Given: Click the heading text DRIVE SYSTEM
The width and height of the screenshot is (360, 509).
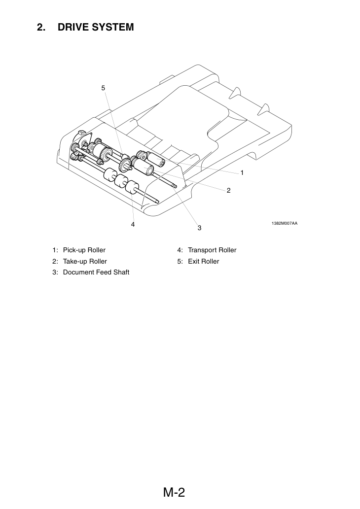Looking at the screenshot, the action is pyautogui.click(x=96, y=27).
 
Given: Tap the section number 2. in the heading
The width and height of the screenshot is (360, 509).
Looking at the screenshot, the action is pyautogui.click(x=41, y=27).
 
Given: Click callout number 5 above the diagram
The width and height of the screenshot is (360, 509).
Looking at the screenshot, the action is pyautogui.click(x=103, y=88).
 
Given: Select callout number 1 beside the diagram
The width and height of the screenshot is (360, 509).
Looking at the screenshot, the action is pyautogui.click(x=242, y=172).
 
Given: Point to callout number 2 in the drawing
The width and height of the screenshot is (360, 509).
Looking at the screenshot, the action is pyautogui.click(x=228, y=191).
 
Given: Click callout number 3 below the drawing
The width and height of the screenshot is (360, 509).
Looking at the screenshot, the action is pyautogui.click(x=199, y=228).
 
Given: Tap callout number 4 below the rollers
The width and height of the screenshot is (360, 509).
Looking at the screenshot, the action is pyautogui.click(x=133, y=224).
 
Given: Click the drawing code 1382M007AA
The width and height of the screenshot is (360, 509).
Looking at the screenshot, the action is pyautogui.click(x=284, y=223).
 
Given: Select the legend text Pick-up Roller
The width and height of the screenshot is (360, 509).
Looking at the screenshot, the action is pyautogui.click(x=84, y=250).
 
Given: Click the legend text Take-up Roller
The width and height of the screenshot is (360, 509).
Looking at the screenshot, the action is pyautogui.click(x=85, y=261).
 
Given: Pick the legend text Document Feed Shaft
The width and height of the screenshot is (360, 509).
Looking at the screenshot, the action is pyautogui.click(x=96, y=272).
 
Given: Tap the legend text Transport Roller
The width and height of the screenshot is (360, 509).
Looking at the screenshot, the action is pyautogui.click(x=212, y=250).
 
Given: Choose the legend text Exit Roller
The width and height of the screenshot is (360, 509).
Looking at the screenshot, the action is pyautogui.click(x=203, y=261).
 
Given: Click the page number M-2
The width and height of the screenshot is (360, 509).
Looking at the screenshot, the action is pyautogui.click(x=174, y=492).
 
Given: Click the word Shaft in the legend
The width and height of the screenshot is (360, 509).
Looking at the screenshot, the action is pyautogui.click(x=121, y=272).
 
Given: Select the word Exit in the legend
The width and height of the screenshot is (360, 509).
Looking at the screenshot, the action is pyautogui.click(x=194, y=261).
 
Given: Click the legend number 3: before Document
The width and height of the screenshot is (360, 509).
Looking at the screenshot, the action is pyautogui.click(x=55, y=272).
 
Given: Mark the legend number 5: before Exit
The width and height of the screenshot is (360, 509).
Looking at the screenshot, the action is pyautogui.click(x=180, y=261).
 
